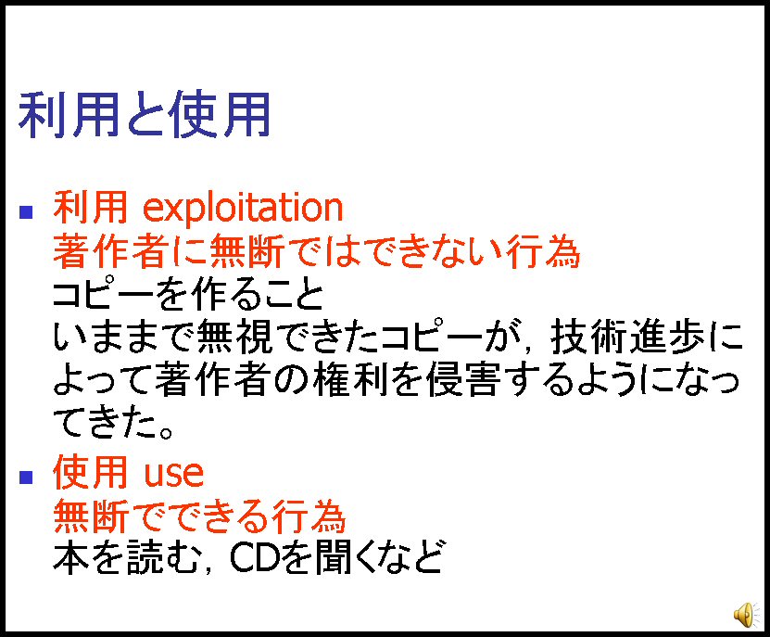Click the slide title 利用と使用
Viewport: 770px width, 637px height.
coord(145,115)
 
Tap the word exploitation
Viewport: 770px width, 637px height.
coord(243,209)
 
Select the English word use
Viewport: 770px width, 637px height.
coord(173,473)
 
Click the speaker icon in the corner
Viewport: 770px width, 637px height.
coord(746,614)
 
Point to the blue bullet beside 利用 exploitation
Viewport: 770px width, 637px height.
coord(26,211)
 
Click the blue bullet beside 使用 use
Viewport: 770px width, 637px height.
coord(26,478)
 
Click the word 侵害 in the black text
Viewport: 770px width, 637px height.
coord(463,380)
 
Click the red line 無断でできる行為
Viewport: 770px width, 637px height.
coord(200,516)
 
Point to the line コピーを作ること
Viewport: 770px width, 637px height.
coord(188,295)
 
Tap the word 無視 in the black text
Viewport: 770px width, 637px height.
coord(234,338)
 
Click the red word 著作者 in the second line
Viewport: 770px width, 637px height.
coord(110,251)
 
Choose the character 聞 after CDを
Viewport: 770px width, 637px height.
coord(334,558)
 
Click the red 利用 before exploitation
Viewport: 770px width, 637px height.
coord(91,208)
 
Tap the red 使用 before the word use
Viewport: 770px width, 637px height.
coord(91,472)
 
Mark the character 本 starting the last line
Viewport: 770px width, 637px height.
coord(70,558)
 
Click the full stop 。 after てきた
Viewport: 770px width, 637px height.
coord(166,432)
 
